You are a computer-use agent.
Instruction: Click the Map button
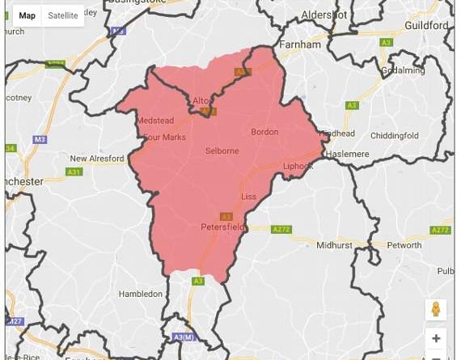coord(27,15)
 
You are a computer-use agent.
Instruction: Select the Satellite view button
coord(63,15)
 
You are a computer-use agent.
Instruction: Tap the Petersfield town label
coord(223,228)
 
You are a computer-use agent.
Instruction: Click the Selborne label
coord(222,151)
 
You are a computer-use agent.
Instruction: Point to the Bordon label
coord(264,132)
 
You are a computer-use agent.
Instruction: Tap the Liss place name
coord(248,197)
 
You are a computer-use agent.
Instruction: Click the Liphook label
coord(298,166)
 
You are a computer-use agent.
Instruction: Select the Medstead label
coord(155,121)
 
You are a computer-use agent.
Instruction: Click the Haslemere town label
coord(349,154)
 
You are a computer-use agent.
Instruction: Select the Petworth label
coord(404,244)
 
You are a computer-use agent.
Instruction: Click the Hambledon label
coord(140,294)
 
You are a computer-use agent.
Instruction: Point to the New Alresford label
coord(97,159)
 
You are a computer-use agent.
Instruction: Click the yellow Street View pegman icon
coord(436,310)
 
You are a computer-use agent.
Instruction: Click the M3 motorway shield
coord(40,139)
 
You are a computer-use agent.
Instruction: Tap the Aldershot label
coord(324,15)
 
